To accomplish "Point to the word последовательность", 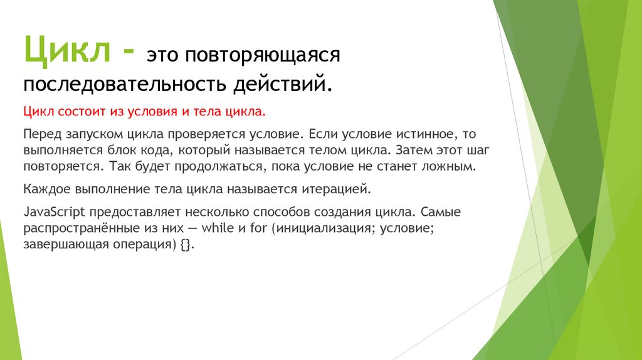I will (x=125, y=84).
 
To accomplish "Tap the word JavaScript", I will (x=53, y=213).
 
